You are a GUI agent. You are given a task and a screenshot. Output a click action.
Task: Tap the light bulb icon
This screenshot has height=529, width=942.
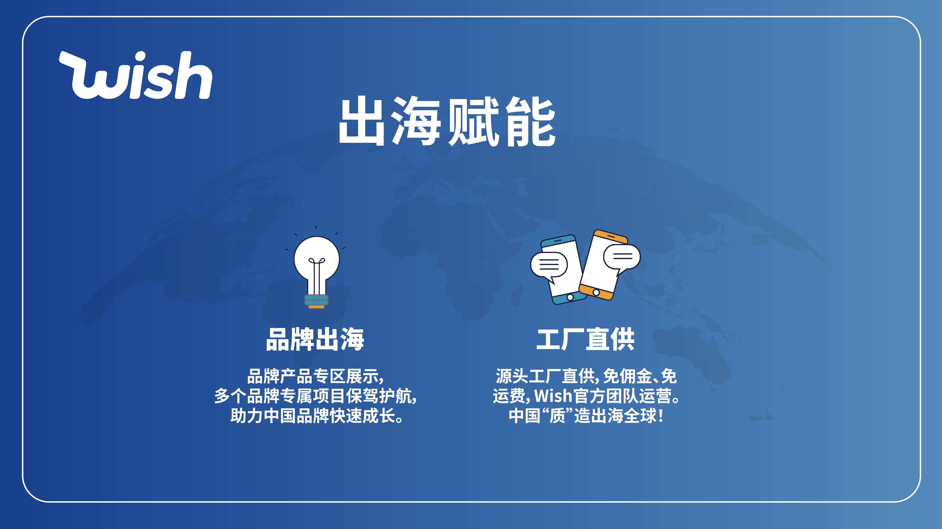(x=316, y=268)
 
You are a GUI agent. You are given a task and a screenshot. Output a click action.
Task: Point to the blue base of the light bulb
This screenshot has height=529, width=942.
(x=316, y=300)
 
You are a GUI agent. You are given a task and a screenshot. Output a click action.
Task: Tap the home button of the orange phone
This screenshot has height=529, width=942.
(x=596, y=292)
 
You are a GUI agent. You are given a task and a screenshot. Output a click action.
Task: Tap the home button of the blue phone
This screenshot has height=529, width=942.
(x=570, y=297)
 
